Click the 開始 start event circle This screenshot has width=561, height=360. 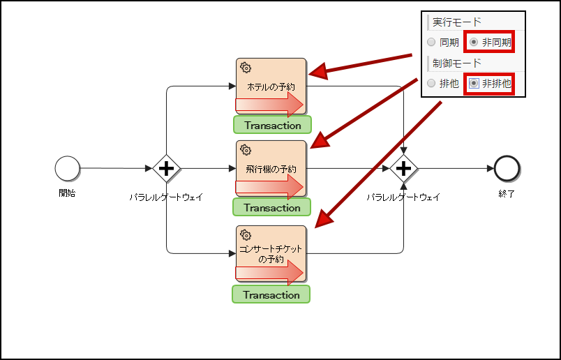[x=68, y=168]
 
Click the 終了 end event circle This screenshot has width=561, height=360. [x=507, y=168]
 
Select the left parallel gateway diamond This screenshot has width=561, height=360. [x=167, y=168]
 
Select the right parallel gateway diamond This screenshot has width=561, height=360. [x=403, y=168]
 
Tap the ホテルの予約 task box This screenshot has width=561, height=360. [x=271, y=87]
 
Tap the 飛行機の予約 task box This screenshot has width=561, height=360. [x=271, y=169]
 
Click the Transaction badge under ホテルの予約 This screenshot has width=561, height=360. [x=272, y=126]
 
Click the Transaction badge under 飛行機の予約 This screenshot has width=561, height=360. [x=271, y=208]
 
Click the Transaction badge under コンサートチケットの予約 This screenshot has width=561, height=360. [x=271, y=294]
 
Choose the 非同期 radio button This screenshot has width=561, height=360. [x=474, y=43]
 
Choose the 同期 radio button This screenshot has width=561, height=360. [x=431, y=43]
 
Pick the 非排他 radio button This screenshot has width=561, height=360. [x=474, y=83]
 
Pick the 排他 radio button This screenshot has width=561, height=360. [x=431, y=83]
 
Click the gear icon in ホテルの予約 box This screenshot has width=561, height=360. [x=246, y=68]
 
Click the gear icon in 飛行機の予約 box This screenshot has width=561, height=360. [x=246, y=150]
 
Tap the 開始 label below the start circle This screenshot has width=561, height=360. [x=67, y=193]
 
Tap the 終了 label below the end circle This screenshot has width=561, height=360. [x=507, y=193]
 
